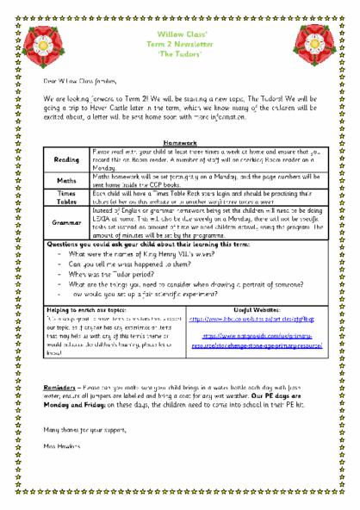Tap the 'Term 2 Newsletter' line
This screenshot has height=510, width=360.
(179, 40)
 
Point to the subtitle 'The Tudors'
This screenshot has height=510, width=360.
(179, 51)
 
